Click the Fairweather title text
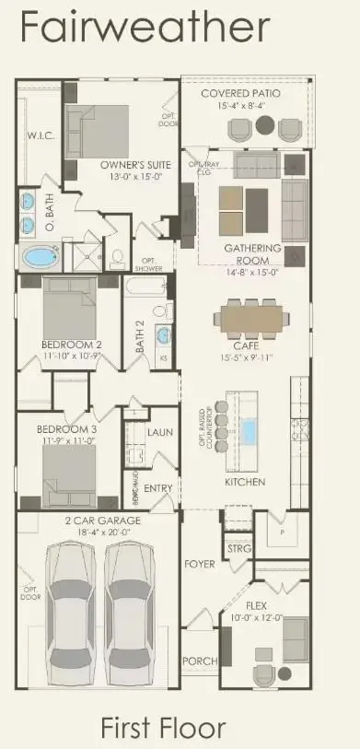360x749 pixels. point(145,29)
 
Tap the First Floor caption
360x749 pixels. point(163,727)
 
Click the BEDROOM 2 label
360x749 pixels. point(71,344)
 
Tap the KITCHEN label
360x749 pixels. point(245,482)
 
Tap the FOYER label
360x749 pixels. point(200,563)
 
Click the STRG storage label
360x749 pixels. point(238,550)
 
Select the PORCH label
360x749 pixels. point(200,660)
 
